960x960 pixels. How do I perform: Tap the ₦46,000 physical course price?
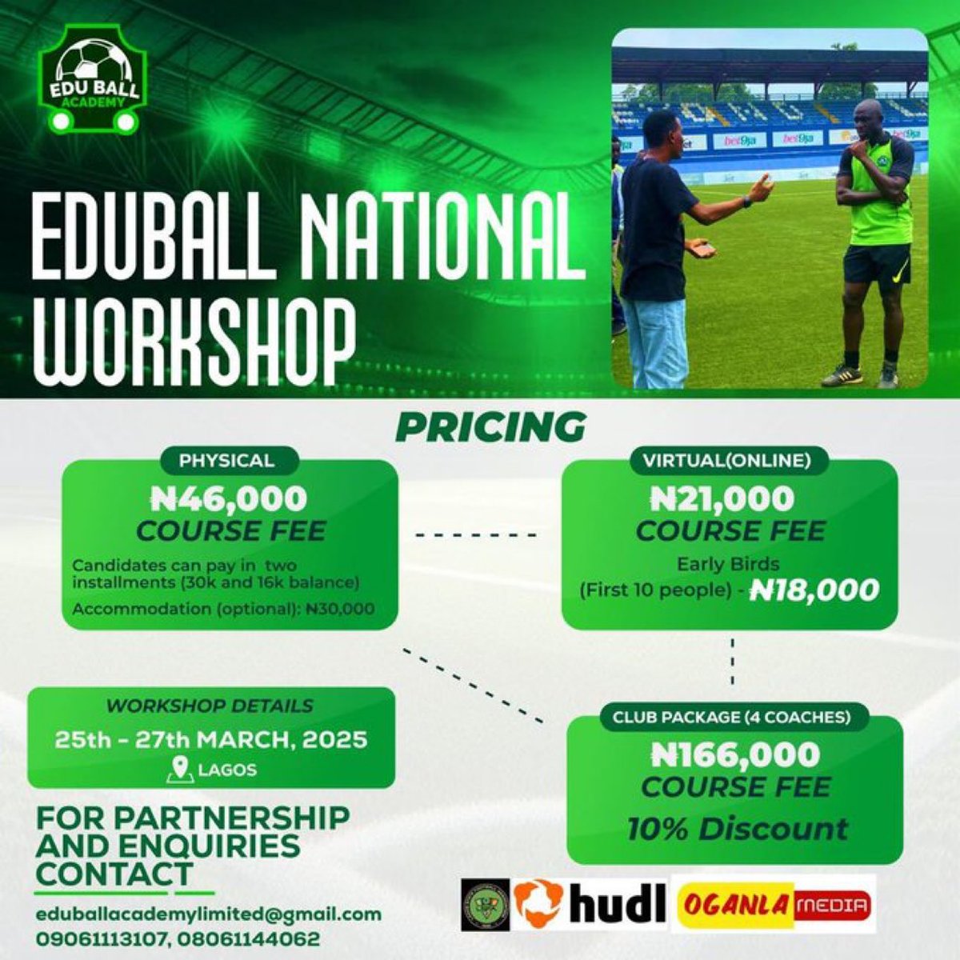pyautogui.click(x=230, y=499)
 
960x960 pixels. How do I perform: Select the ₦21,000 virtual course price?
pyautogui.click(x=722, y=499)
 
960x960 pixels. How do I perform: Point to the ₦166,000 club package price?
pyautogui.click(x=736, y=754)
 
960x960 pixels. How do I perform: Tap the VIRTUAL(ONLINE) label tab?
pyautogui.click(x=726, y=461)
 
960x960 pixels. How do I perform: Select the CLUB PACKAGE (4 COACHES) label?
pyautogui.click(x=731, y=718)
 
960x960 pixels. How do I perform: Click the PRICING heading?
pyautogui.click(x=490, y=426)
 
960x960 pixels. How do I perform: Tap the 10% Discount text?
pyautogui.click(x=737, y=829)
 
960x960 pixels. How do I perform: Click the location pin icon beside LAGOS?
pyautogui.click(x=182, y=770)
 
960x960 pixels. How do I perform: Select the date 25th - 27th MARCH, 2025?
pyautogui.click(x=211, y=738)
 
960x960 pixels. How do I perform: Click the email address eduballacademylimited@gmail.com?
pyautogui.click(x=208, y=914)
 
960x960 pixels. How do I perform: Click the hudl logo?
pyautogui.click(x=590, y=903)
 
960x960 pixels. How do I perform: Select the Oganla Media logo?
pyautogui.click(x=774, y=905)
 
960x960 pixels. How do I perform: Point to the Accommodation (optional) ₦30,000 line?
pyautogui.click(x=223, y=609)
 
